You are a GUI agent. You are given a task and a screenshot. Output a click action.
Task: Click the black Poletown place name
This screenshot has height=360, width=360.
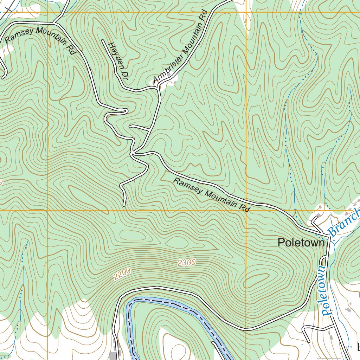(x=301, y=243)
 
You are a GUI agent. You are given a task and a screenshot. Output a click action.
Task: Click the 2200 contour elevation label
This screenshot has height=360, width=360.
(x=122, y=274)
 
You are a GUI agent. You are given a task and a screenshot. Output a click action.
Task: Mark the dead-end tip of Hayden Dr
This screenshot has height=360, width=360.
(x=103, y=41)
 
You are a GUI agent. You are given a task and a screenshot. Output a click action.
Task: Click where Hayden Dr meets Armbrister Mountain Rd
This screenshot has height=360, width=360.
(x=157, y=88)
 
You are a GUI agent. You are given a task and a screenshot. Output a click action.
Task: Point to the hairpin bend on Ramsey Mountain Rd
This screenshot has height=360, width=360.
(x=125, y=111)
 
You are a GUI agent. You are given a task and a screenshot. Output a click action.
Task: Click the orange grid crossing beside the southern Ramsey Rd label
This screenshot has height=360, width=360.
(x=245, y=211)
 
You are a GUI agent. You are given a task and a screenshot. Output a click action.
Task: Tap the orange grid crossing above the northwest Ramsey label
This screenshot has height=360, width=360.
(x=47, y=12)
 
